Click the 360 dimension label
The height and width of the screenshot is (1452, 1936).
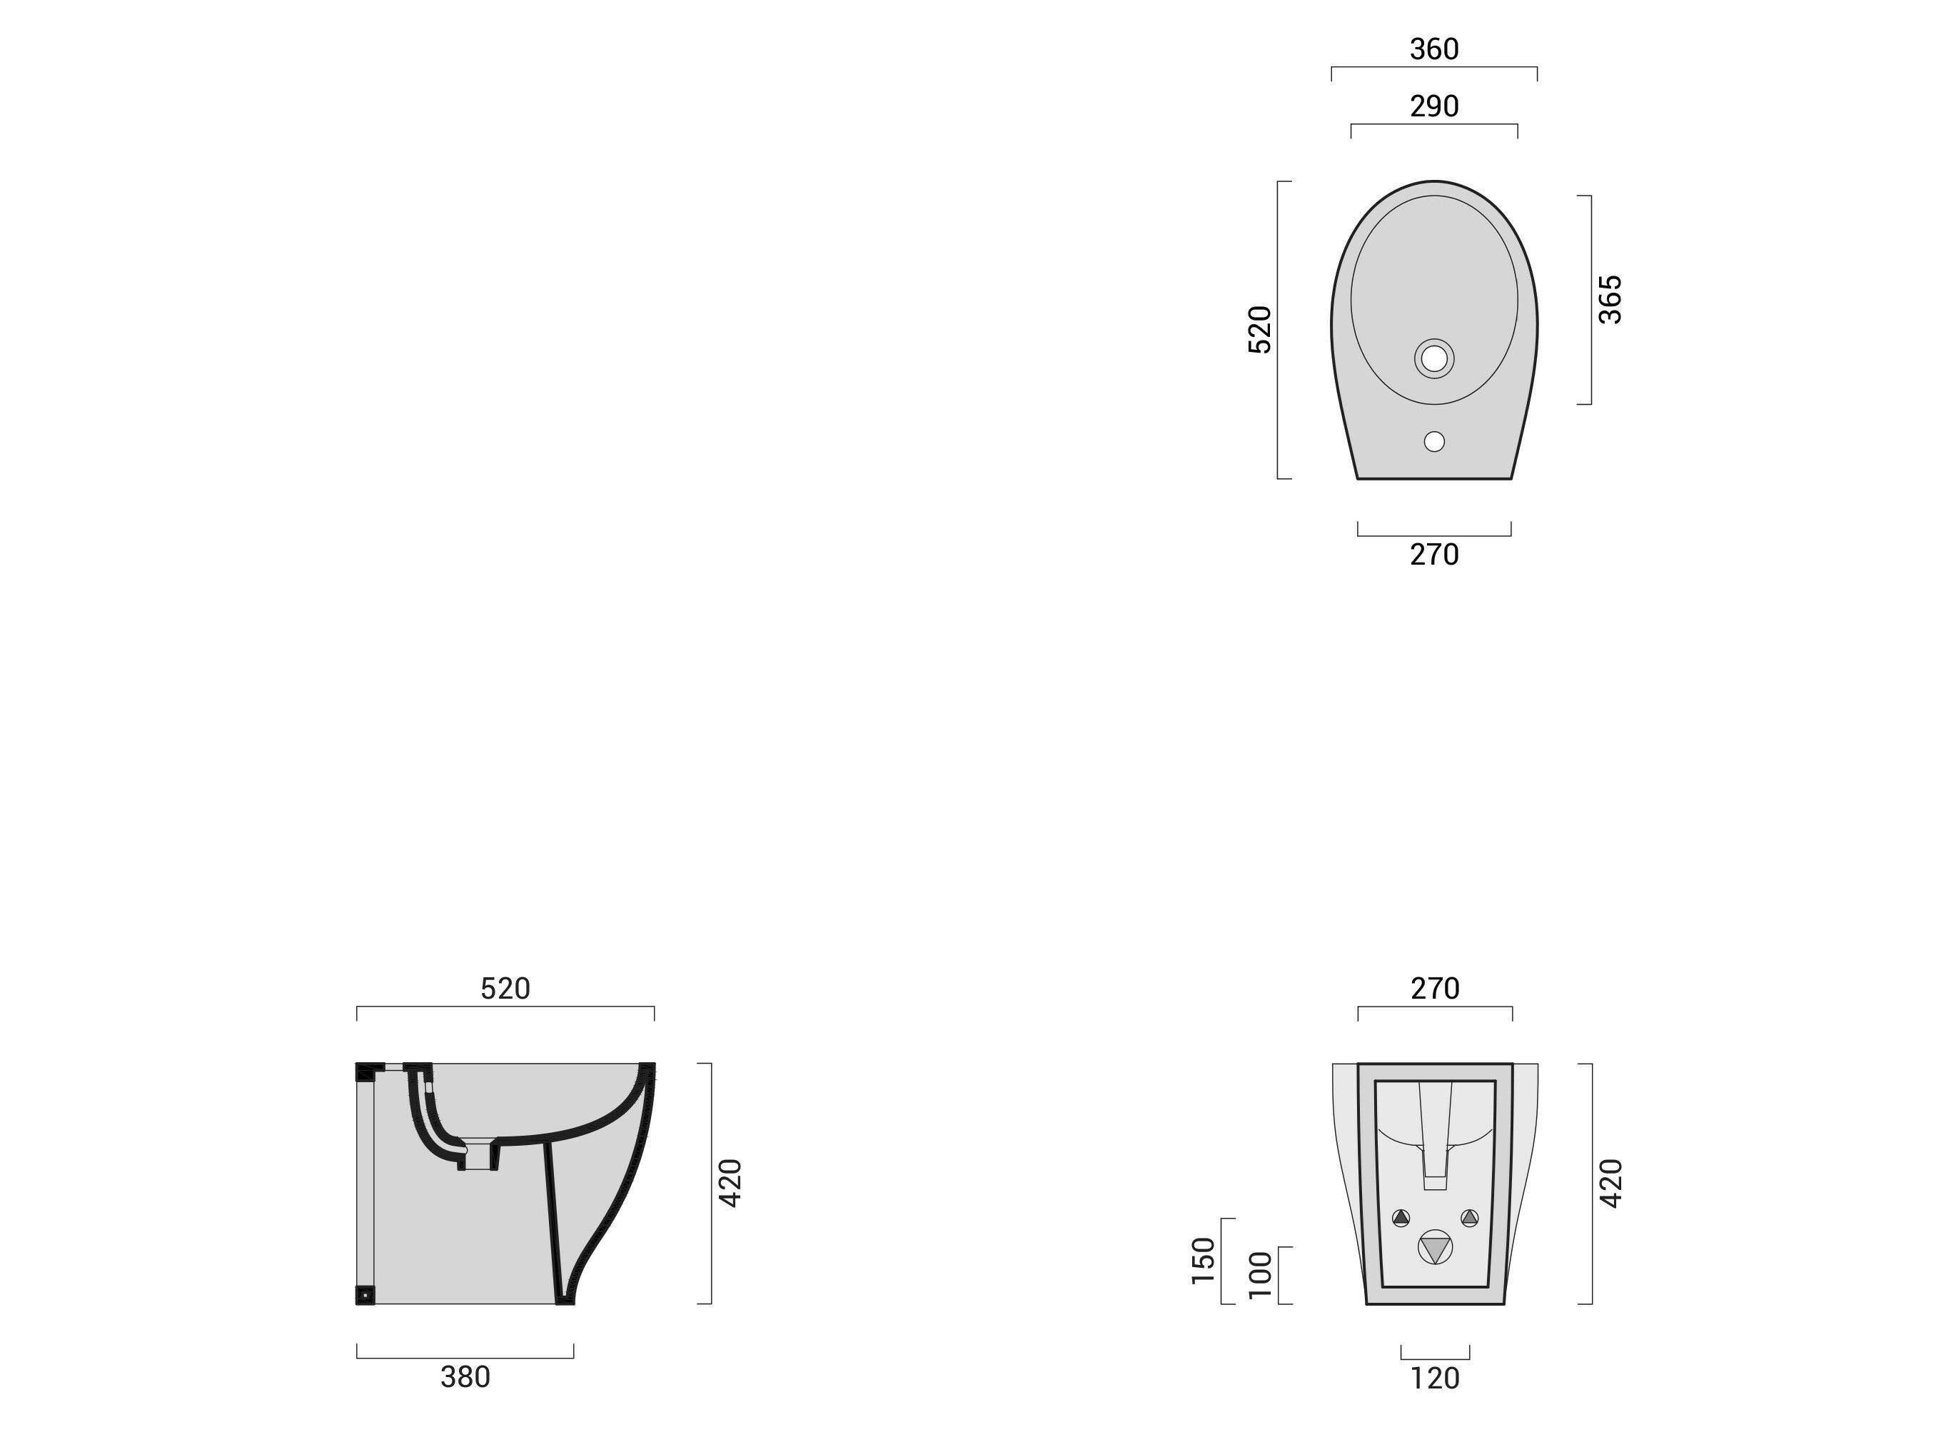[1433, 49]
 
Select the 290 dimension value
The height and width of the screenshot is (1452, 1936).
[1433, 106]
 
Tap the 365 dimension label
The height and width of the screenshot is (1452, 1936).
[1610, 299]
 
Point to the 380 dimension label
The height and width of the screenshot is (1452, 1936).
[465, 1377]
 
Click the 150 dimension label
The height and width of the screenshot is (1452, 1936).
[1204, 1260]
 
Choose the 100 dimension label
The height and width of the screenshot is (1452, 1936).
[1259, 1274]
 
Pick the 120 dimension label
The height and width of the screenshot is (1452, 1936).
[1434, 1378]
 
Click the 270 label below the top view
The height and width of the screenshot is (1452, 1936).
[1433, 554]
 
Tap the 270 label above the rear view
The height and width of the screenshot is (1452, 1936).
[1434, 988]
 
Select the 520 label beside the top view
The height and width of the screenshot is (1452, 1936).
[1259, 329]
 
